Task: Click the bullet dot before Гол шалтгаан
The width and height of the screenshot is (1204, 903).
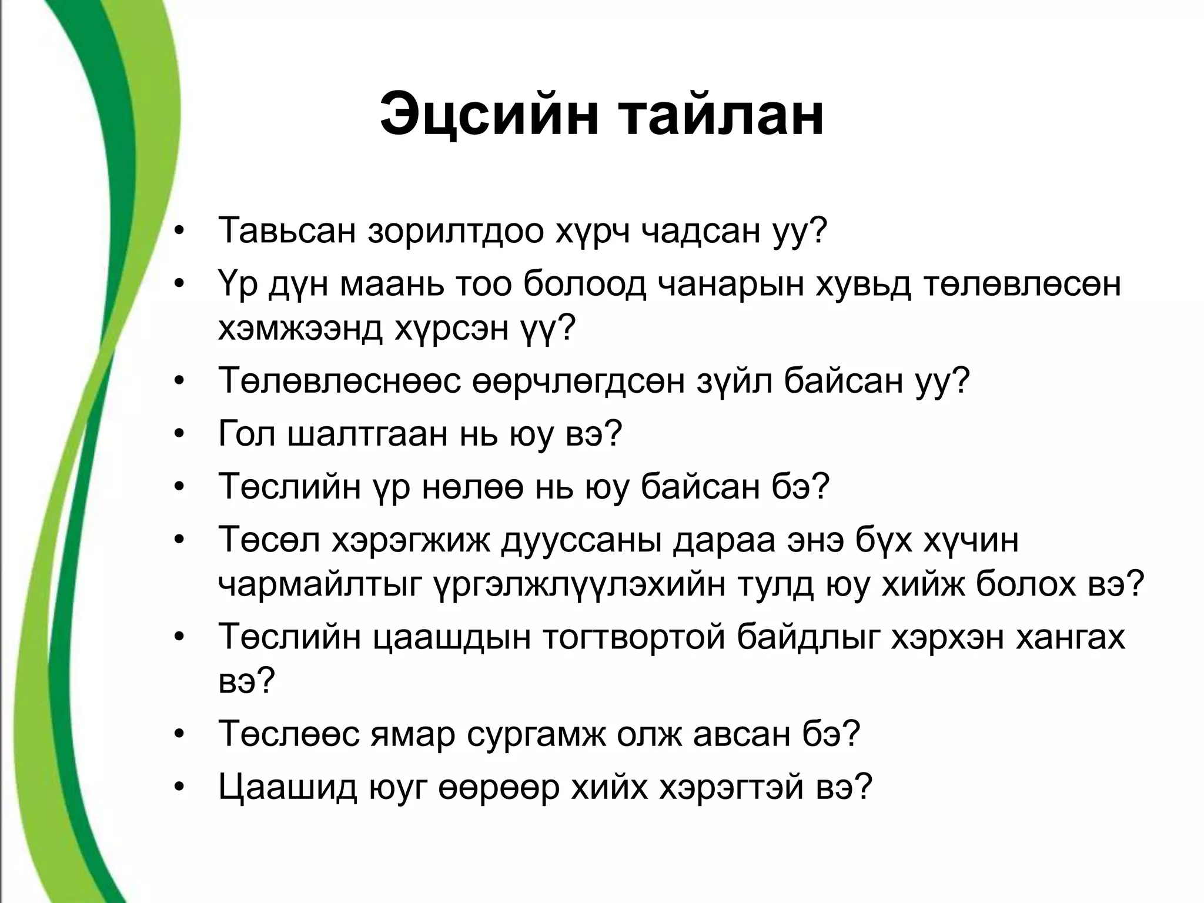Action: point(180,435)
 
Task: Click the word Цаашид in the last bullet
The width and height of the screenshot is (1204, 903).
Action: point(287,787)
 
